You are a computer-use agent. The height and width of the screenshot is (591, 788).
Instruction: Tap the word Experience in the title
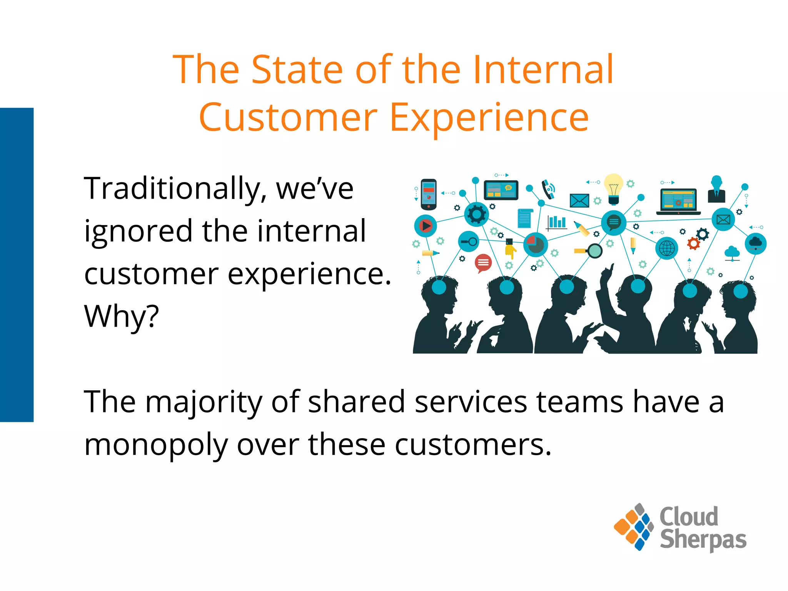(489, 117)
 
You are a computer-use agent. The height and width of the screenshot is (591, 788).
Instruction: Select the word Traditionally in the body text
(172, 189)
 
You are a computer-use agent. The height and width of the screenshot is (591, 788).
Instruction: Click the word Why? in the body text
(121, 316)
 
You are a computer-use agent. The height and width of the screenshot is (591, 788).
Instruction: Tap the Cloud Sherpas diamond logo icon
(634, 527)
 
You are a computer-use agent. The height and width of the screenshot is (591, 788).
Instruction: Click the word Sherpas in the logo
(703, 540)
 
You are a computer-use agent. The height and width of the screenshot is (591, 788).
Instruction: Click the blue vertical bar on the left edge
(17, 265)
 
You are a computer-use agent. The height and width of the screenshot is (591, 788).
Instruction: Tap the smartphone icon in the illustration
(429, 194)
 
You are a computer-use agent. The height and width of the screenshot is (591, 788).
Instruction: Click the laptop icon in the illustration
(678, 201)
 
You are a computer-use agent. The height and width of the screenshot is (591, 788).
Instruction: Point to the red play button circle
(426, 225)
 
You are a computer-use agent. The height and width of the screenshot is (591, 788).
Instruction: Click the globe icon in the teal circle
(667, 248)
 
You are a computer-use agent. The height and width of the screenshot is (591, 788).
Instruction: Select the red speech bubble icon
(483, 263)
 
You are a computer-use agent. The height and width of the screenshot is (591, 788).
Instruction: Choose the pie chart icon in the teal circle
(535, 245)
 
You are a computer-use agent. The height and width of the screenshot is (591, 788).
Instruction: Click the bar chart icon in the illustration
(557, 222)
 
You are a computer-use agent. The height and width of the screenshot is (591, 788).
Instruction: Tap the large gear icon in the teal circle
(476, 214)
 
